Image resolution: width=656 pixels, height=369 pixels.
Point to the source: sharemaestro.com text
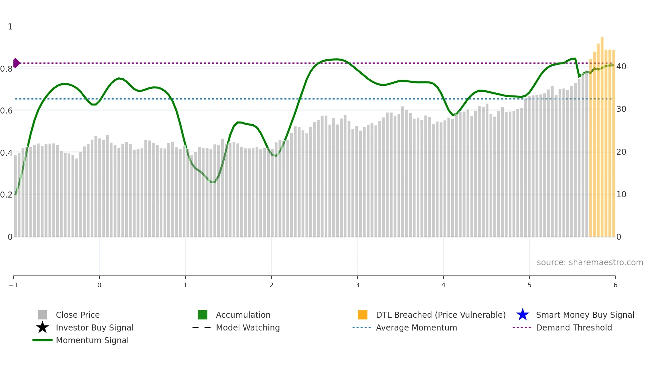(x=590, y=262)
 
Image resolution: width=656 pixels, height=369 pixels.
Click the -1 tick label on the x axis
(x=13, y=285)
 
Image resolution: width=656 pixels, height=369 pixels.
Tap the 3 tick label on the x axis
(x=357, y=285)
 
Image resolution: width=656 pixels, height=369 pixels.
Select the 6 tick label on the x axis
(x=615, y=285)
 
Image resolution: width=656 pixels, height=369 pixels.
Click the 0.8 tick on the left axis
(x=6, y=69)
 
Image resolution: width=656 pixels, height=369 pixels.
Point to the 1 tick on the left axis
(x=10, y=27)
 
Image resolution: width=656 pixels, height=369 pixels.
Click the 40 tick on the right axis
(x=621, y=67)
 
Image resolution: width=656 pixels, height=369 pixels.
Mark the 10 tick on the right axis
(x=621, y=195)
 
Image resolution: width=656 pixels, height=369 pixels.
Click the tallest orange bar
(x=602, y=134)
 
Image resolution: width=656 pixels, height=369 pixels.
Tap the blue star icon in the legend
(x=522, y=315)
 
